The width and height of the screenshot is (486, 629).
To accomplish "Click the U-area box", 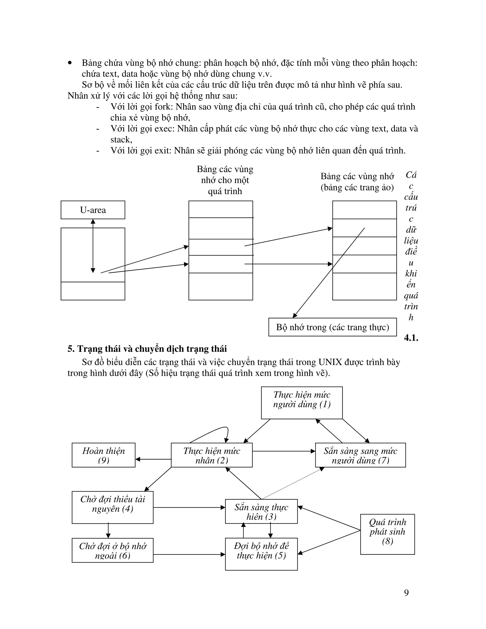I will [x=93, y=210].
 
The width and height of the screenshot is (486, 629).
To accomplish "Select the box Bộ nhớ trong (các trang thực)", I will [x=332, y=327].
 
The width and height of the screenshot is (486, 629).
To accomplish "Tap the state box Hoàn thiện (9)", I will [x=103, y=455].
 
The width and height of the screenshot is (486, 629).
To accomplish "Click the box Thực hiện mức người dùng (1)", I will [x=302, y=403].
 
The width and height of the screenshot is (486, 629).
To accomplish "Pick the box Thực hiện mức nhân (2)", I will [x=212, y=455].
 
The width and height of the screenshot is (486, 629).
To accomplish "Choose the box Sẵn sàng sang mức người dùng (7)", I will [x=360, y=455].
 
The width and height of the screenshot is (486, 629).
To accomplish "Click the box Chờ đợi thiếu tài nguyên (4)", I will [x=112, y=507].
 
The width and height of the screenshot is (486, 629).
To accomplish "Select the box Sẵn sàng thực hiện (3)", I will [x=261, y=512].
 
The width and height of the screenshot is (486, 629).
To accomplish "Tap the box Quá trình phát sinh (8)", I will [x=387, y=534].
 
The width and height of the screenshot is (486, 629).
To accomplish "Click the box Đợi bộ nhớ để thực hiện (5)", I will [x=261, y=554].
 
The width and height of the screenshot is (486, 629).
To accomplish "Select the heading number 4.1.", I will [x=411, y=338].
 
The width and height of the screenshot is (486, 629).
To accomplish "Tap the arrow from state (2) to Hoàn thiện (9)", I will [x=153, y=459].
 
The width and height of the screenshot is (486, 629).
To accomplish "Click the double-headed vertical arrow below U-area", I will [x=93, y=246].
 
